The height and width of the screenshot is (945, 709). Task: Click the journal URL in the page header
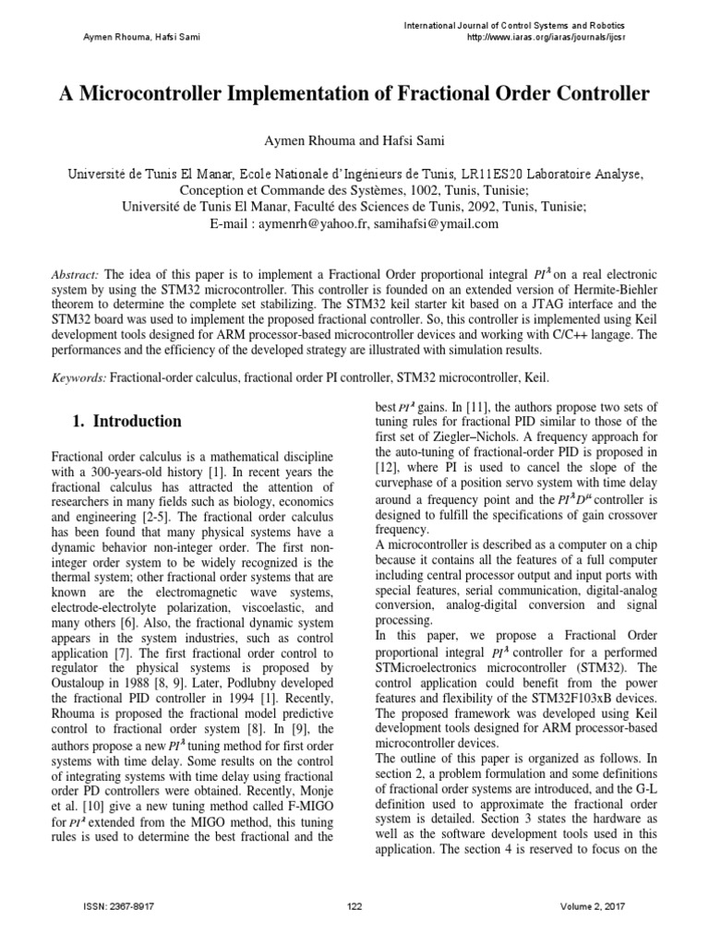(559, 37)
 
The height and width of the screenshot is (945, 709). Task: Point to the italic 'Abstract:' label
(78, 275)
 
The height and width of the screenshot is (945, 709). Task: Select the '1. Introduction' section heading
(126, 422)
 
